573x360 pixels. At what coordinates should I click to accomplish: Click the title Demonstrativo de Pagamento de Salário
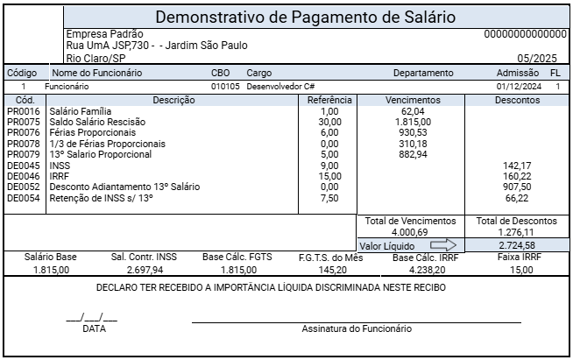pyautogui.click(x=305, y=17)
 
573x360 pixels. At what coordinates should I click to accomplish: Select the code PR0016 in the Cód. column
pyautogui.click(x=23, y=112)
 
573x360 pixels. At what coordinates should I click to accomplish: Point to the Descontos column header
pyautogui.click(x=516, y=100)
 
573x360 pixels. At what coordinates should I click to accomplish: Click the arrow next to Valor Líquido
pyautogui.click(x=444, y=244)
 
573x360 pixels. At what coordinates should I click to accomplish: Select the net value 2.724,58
pyautogui.click(x=516, y=244)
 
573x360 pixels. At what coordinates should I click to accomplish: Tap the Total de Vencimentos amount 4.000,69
pyautogui.click(x=410, y=233)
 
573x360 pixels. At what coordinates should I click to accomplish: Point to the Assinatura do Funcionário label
pyautogui.click(x=357, y=329)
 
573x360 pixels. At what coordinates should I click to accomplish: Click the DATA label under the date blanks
pyautogui.click(x=93, y=329)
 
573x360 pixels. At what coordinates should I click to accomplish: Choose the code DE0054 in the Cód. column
pyautogui.click(x=23, y=198)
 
